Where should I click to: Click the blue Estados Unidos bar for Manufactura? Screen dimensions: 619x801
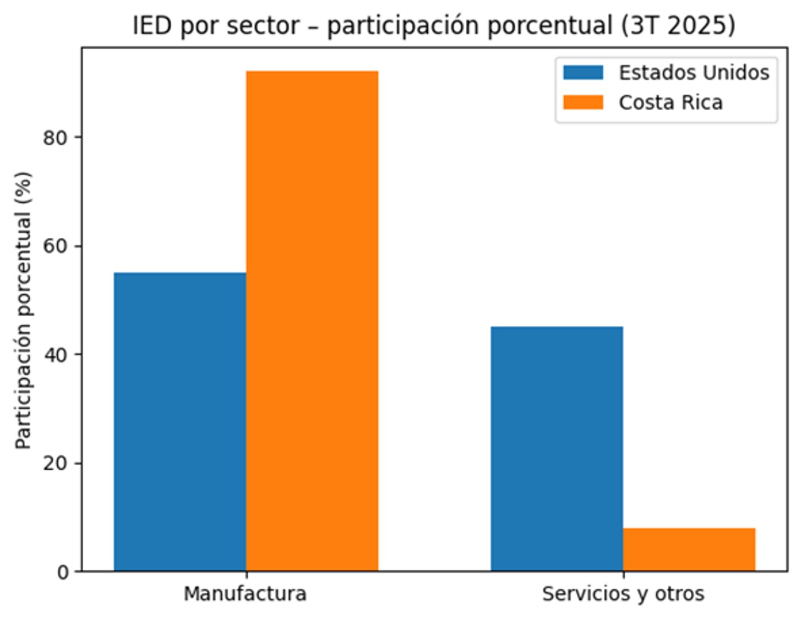pos(180,421)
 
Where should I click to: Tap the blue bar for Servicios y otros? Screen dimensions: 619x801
pos(557,448)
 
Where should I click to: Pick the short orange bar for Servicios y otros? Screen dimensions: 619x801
pos(689,549)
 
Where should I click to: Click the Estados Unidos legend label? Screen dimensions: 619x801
pos(694,73)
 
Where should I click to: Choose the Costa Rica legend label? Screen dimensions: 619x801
pos(671,102)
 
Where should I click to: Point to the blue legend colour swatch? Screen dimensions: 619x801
pos(583,73)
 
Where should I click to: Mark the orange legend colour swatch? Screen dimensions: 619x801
pos(583,102)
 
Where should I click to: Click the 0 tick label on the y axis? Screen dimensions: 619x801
pos(63,572)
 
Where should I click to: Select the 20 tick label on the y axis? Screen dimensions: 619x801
pos(55,464)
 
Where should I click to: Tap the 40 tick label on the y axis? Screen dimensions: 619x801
pos(55,355)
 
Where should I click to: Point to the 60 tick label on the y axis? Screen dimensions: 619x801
pos(55,246)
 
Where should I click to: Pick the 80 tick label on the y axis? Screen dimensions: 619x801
pos(55,138)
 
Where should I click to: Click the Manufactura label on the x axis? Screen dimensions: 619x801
pos(245,594)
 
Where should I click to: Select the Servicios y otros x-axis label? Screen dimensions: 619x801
pos(623,594)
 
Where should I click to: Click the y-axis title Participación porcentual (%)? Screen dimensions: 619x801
pos(23,309)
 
